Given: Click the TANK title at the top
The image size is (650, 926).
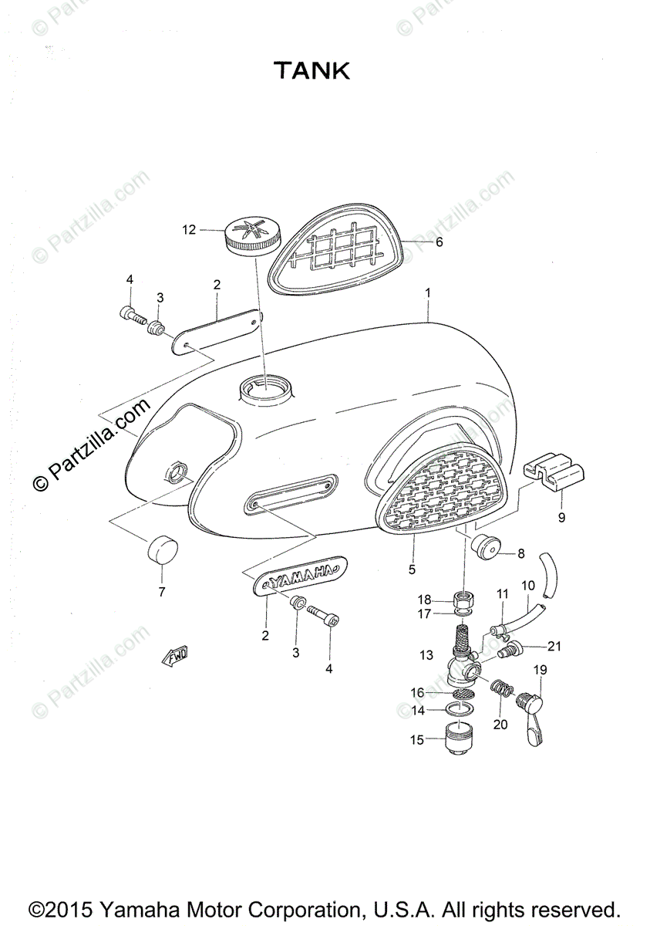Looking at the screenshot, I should tap(313, 72).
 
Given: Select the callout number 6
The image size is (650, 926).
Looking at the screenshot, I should tap(439, 242).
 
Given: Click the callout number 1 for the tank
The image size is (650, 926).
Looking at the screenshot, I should tap(428, 293).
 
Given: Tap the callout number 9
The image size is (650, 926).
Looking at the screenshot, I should tap(561, 518).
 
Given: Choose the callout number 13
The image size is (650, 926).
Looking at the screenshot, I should tap(427, 655).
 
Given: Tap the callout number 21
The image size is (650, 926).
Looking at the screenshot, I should tap(556, 646).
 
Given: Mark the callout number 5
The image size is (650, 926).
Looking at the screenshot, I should tap(412, 569).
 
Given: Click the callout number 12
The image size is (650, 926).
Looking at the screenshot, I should tap(190, 229).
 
